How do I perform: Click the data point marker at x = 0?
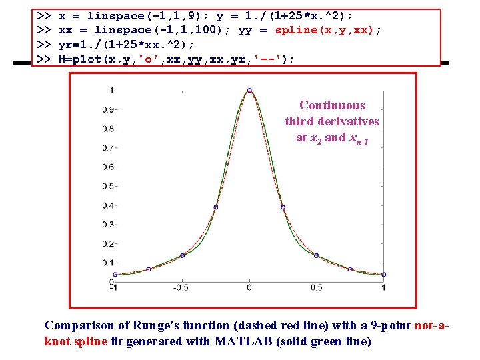pos(249,91)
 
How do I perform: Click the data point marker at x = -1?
pos(115,274)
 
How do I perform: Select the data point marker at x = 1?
pos(383,274)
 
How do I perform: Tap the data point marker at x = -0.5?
pos(182,255)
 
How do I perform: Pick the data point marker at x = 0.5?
pos(317,255)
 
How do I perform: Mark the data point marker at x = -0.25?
pos(215,207)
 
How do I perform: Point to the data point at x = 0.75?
pos(350,269)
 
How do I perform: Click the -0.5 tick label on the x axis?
pos(180,287)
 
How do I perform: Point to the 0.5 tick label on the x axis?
pos(317,287)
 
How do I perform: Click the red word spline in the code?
pos(296,30)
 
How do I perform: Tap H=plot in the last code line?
pos(77,59)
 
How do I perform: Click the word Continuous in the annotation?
pos(332,105)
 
